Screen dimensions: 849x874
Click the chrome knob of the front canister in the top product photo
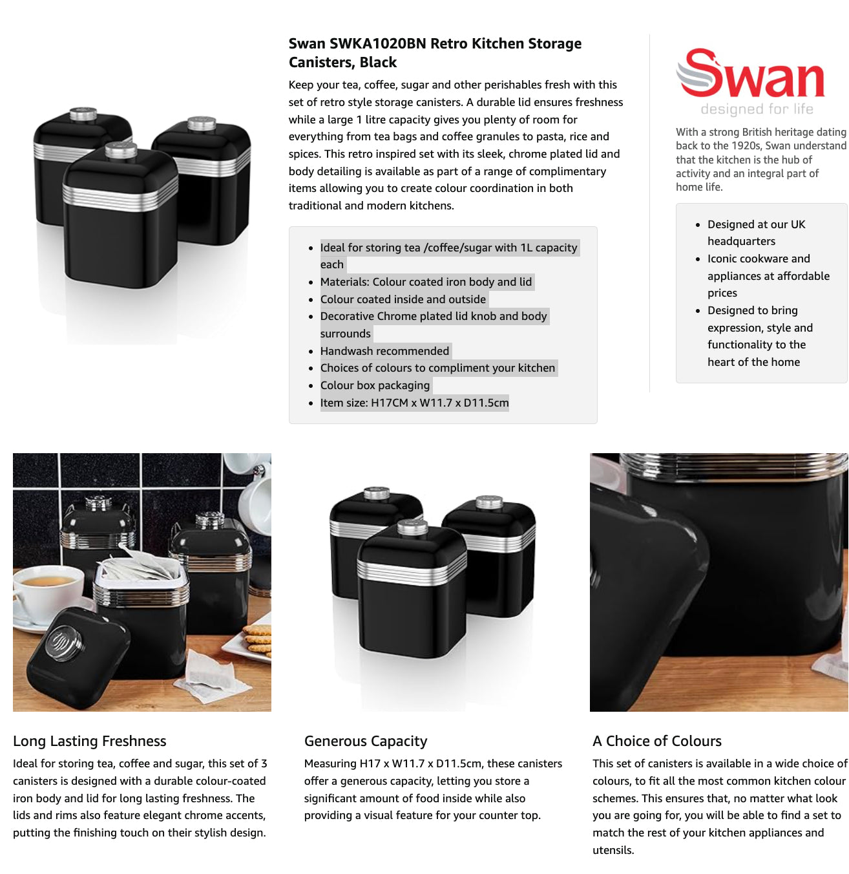pyautogui.click(x=120, y=149)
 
